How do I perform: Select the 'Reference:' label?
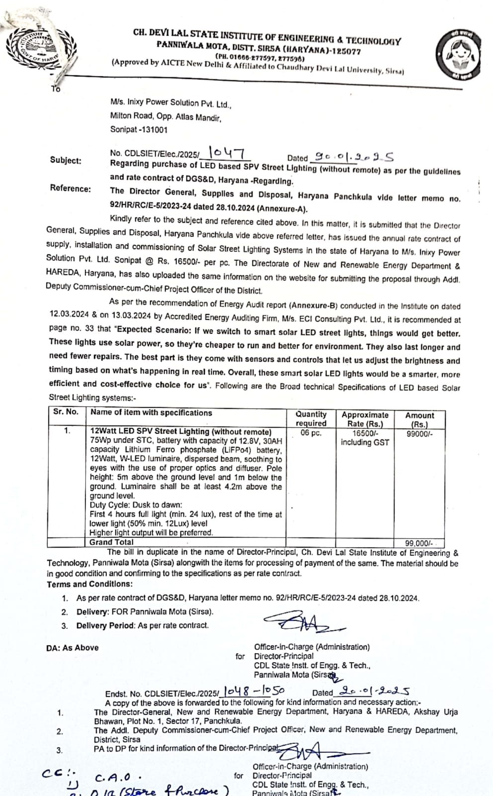[70, 189]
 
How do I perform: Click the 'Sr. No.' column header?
[66, 412]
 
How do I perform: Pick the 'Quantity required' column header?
[311, 418]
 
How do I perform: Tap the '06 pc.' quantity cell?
[311, 433]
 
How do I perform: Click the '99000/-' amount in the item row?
[419, 434]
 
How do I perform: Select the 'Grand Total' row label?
[111, 542]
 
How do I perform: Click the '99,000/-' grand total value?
[419, 543]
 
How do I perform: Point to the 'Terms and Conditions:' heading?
[90, 584]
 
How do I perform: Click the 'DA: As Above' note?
[73, 648]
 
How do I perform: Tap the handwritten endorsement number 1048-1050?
[254, 691]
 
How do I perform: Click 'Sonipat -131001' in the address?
[139, 130]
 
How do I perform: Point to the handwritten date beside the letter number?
[352, 158]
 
